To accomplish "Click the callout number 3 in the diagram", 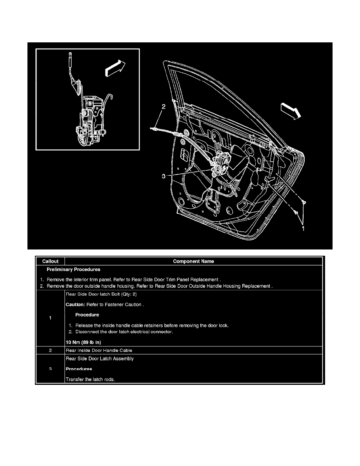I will point(163,177).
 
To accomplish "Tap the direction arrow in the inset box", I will point(115,67).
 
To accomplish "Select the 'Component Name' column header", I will point(194,261).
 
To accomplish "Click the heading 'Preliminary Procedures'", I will point(73,269).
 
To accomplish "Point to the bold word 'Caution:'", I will point(77,304).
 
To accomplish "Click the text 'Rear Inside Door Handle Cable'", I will point(102,350).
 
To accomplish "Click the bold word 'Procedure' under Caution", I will point(87,315).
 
